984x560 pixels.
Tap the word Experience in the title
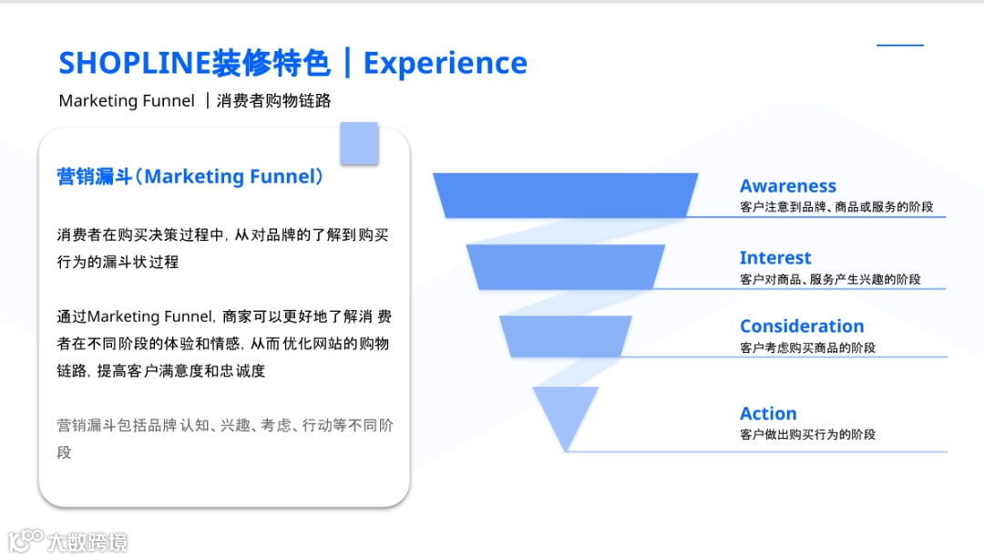445,63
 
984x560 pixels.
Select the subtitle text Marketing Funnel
127,100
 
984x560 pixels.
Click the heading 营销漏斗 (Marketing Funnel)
190,176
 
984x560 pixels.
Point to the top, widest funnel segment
565,195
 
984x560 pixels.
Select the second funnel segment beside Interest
565,266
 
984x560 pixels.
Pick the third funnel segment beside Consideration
565,336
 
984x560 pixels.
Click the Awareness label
787,187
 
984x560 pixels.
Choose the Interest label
774,258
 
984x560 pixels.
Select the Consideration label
802,327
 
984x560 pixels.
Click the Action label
768,413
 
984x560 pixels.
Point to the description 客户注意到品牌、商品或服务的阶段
836,207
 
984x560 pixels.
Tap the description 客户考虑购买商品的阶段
807,347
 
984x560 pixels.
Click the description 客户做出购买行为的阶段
807,434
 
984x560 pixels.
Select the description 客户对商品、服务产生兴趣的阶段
830,279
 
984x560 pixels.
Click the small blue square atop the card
359,142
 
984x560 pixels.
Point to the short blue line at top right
900,45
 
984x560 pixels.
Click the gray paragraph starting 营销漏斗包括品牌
224,438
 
